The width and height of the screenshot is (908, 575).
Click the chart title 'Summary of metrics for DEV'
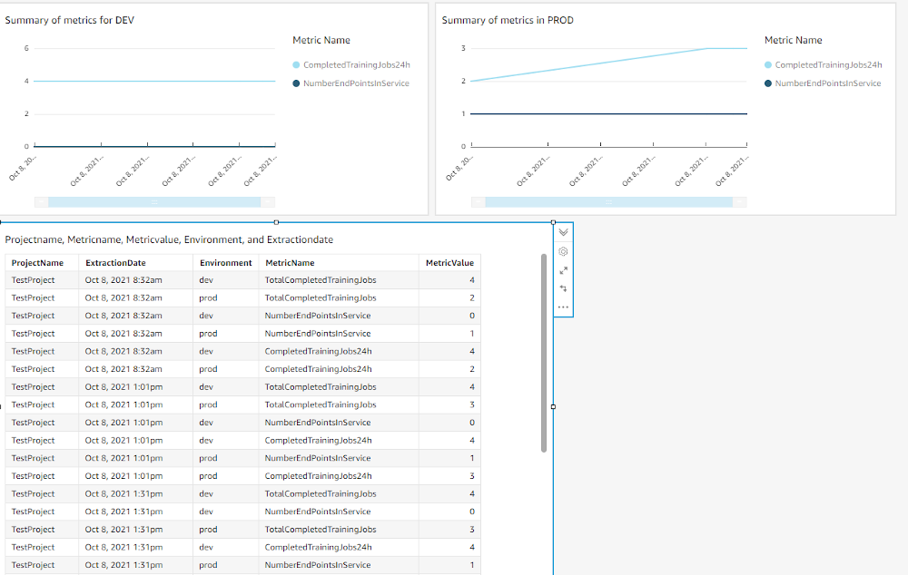70,21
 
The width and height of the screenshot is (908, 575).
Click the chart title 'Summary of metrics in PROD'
508,21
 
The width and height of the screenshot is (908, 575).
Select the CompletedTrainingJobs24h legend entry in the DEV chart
356,65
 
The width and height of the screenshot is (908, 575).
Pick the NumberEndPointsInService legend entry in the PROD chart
827,83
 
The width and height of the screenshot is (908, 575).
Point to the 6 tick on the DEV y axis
26,49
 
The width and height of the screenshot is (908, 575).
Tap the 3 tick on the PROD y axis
463,49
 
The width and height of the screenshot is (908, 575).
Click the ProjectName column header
38,263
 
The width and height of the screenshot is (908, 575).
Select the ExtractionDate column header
115,263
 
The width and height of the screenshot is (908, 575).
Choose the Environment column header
226,263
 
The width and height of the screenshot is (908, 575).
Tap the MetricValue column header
449,263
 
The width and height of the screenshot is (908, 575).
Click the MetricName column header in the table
290,263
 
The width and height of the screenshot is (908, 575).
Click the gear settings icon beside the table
563,251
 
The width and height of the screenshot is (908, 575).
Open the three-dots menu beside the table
563,307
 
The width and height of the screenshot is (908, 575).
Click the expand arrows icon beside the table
563,270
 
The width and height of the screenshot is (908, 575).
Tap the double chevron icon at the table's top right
563,232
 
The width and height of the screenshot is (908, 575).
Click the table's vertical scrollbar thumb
544,354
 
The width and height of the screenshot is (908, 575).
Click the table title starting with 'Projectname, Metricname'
169,240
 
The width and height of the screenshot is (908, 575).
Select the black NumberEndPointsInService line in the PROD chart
608,114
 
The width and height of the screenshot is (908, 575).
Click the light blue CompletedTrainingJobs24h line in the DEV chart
154,82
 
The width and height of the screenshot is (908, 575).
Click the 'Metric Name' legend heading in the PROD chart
793,40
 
